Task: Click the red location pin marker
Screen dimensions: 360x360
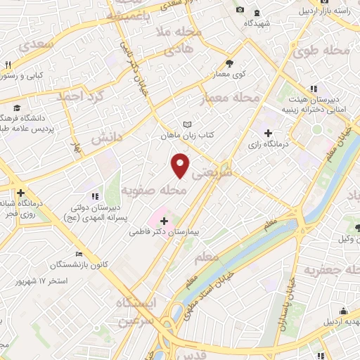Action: [x=181, y=166]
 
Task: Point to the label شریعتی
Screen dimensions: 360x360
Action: [x=216, y=171]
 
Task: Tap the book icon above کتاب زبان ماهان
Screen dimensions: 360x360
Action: [x=186, y=124]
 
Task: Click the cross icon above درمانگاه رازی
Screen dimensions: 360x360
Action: [x=267, y=133]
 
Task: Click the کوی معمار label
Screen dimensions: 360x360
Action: [x=229, y=74]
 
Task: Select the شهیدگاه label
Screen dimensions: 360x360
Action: [x=258, y=22]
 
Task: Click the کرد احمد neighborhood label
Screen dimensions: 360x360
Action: [x=81, y=95]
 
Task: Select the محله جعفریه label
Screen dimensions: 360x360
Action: [x=331, y=270]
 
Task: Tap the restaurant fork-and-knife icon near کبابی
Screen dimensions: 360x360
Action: [x=8, y=64]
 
